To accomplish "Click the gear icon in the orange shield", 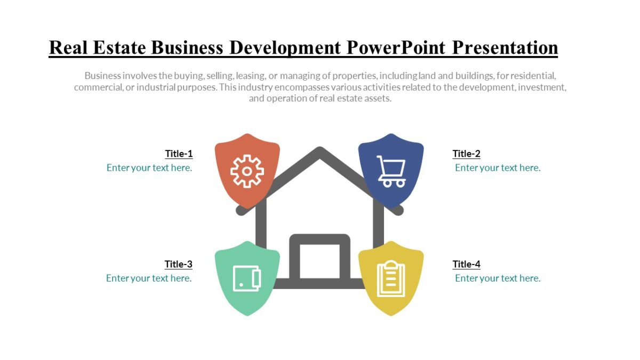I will click(247, 171).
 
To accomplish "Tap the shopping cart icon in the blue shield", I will click(391, 171).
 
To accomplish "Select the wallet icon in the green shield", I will click(247, 278).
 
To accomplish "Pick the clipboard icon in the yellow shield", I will click(391, 278).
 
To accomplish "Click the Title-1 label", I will click(179, 154).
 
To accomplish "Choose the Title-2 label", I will click(466, 154).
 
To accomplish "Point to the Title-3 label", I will click(178, 264).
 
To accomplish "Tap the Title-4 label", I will click(466, 264).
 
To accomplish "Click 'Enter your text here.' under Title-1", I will click(149, 167).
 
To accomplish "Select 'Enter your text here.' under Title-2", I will click(498, 167).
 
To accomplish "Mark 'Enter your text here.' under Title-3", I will click(149, 278).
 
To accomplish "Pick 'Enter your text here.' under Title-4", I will click(498, 278).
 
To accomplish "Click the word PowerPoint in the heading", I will click(396, 47).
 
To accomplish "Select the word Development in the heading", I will click(285, 47).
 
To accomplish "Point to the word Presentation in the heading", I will click(505, 47).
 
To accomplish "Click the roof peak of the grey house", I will click(319, 153).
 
